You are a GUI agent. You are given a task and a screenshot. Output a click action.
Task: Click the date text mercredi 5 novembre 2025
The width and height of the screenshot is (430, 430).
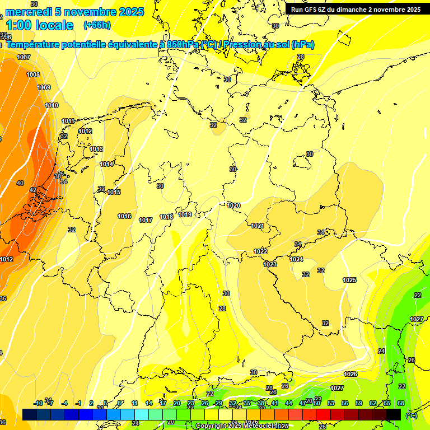coord(74,12)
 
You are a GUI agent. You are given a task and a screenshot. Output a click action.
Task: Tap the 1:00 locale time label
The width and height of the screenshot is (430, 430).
coord(40,25)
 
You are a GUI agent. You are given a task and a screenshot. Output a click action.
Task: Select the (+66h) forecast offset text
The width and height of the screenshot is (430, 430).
coord(97,25)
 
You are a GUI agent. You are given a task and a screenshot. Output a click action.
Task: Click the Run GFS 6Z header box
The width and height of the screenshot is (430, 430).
coord(356,10)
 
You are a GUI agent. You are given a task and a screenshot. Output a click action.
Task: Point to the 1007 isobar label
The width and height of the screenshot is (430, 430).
coord(24,58)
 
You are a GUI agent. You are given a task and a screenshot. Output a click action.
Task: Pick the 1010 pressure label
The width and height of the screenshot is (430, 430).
coord(52,105)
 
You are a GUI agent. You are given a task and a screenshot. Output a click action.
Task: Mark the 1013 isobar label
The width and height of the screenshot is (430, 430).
coord(96,149)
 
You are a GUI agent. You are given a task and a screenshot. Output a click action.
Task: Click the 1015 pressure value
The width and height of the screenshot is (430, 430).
coord(114,192)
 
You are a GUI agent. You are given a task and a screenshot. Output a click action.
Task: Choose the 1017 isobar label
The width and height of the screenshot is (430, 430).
coord(146,220)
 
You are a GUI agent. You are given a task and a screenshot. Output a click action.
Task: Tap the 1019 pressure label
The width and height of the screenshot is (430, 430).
coord(185,214)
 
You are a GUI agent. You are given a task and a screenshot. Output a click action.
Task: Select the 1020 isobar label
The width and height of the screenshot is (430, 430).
coord(233,205)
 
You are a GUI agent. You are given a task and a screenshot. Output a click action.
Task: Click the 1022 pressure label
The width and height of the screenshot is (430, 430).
coord(260,251)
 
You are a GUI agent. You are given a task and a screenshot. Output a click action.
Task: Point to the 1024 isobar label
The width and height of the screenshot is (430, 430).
coord(296,259)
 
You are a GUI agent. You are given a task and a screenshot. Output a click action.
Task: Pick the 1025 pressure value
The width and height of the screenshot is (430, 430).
coord(349,280)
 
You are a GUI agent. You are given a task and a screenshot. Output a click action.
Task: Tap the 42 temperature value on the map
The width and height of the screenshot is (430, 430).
coord(33,190)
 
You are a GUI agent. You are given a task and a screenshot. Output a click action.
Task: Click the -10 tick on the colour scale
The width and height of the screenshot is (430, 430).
coord(39,403)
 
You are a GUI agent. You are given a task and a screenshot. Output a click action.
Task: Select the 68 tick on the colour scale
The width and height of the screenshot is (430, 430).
coord(400,403)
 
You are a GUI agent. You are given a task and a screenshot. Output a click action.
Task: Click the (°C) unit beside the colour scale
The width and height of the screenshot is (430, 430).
coord(412,415)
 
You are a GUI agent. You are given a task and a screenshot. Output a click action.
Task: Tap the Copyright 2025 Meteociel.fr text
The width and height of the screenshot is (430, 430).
coord(242,426)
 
